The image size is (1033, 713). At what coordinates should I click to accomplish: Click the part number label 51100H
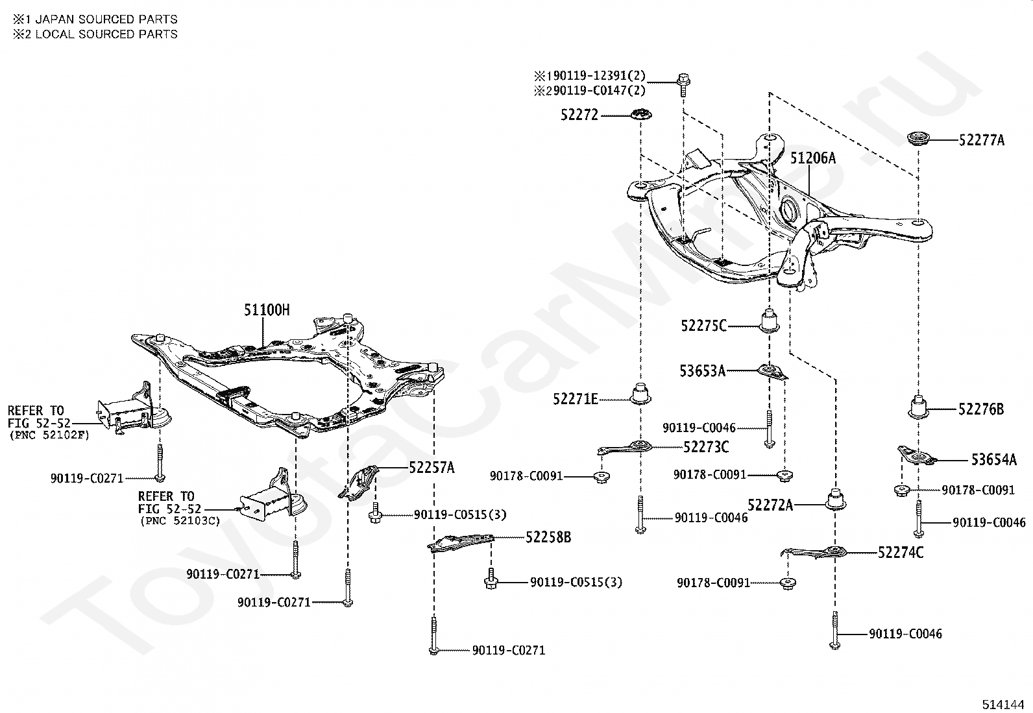267,310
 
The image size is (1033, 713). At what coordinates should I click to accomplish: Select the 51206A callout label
812,158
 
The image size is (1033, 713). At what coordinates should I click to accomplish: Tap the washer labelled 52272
640,114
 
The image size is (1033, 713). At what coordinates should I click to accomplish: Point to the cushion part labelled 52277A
919,138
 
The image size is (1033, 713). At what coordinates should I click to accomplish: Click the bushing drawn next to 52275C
769,320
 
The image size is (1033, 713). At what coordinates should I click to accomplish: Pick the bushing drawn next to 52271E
640,393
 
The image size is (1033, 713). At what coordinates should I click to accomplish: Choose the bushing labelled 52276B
918,407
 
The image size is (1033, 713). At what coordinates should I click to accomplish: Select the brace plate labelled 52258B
460,543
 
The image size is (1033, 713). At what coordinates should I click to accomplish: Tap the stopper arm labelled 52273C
625,448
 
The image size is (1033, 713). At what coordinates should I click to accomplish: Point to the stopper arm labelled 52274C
816,552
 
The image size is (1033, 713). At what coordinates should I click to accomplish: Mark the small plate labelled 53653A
773,372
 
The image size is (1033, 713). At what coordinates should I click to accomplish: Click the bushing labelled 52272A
835,500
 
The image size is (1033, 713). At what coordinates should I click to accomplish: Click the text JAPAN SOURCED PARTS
106,19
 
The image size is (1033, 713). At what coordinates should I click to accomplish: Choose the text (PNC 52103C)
180,521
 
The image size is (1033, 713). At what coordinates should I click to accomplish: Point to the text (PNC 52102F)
50,435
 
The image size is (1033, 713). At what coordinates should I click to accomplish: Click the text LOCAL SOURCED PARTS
106,34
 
